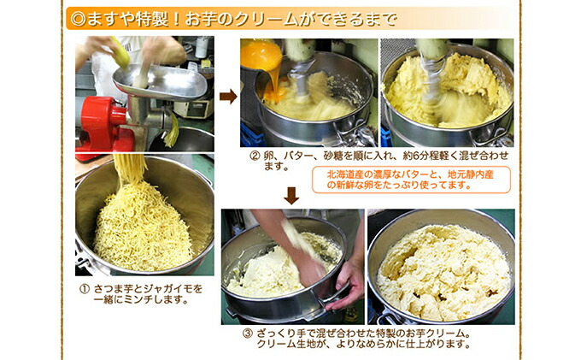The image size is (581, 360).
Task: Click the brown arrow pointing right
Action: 228,97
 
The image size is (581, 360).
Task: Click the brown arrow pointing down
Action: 291,196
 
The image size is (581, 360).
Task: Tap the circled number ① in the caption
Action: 85,289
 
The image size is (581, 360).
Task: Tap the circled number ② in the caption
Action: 254,156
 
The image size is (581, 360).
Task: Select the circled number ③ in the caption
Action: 247,333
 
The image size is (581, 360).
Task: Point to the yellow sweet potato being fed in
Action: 120,52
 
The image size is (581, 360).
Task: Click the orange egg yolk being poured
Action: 261,56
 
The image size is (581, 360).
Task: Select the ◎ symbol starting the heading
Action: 78,19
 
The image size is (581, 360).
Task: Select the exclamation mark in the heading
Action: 176,19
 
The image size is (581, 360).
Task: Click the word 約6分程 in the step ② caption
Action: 421,156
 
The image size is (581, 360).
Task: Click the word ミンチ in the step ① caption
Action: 142,299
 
